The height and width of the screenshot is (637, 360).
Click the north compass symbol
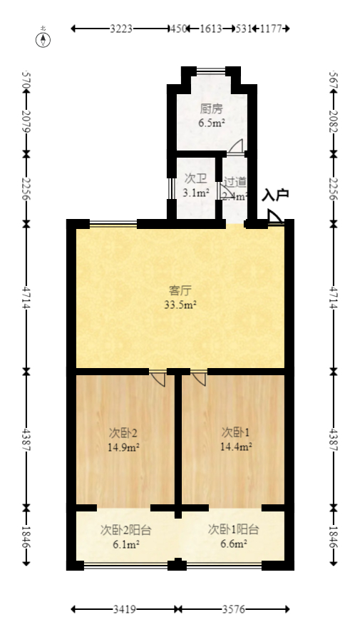click(44, 38)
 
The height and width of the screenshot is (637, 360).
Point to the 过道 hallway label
click(235, 182)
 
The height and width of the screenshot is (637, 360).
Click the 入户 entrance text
click(275, 195)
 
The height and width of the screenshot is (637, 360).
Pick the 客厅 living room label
click(180, 290)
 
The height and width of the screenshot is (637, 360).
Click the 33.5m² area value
click(180, 305)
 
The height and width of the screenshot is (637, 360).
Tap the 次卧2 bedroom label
click(123, 432)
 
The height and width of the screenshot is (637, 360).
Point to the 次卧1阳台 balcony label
click(233, 530)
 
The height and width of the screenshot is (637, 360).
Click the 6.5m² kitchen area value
click(212, 123)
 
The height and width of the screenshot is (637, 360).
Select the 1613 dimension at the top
click(210, 29)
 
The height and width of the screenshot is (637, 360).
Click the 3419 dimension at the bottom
click(125, 610)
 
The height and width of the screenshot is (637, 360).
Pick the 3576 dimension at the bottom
click(235, 610)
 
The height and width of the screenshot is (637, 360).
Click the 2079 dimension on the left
click(26, 120)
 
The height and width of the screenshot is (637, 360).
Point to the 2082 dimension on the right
click(333, 120)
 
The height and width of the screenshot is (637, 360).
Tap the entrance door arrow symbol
click(274, 217)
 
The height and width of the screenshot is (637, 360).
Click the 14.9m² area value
click(123, 447)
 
